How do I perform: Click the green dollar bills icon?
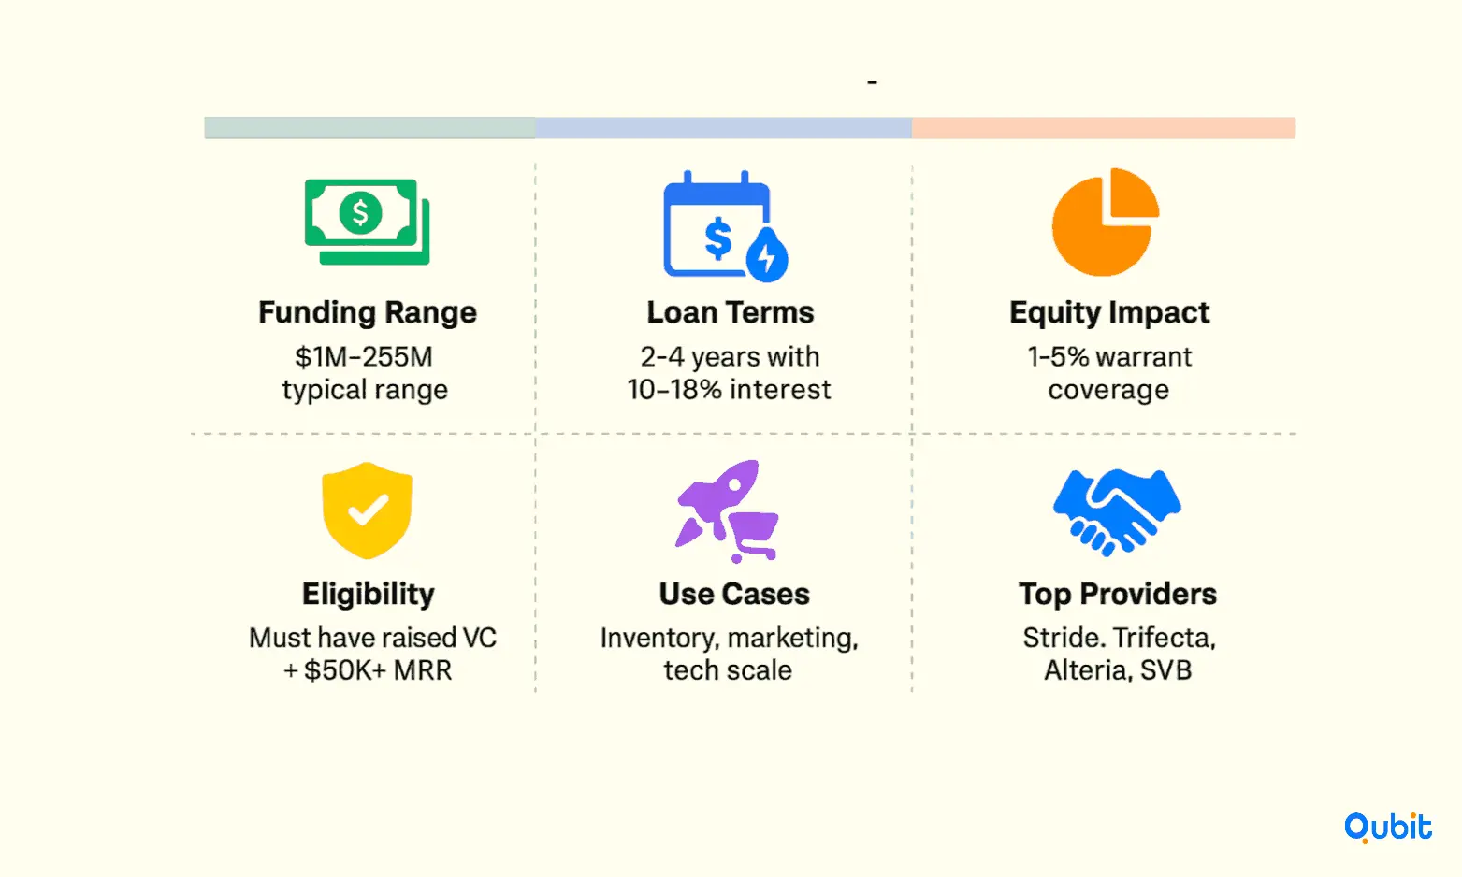tap(367, 222)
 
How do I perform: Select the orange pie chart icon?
tap(1106, 222)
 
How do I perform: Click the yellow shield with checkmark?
tap(367, 510)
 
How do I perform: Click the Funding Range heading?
tap(368, 312)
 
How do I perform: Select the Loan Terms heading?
tap(731, 312)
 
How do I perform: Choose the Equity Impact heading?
tap(1109, 312)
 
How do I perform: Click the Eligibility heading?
tap(369, 594)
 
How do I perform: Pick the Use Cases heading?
tap(734, 594)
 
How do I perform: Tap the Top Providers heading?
tap(1118, 594)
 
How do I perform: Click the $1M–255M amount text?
tap(364, 357)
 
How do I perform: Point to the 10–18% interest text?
tap(729, 390)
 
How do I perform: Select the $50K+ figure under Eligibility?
tap(345, 670)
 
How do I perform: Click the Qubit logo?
tap(1388, 827)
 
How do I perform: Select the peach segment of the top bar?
tap(1103, 128)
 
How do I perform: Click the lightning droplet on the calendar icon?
tap(768, 255)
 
